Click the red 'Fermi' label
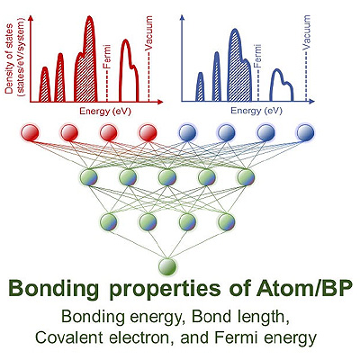tap(107, 56)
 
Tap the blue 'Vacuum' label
tap(306, 32)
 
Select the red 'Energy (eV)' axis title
tap(105, 112)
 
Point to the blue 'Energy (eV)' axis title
tap(256, 112)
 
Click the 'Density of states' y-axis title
tap(14, 58)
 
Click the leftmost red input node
tap(31, 132)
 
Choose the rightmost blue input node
tap(305, 132)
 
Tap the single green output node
tap(167, 266)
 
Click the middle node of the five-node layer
tap(167, 177)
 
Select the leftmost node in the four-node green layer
tap(109, 221)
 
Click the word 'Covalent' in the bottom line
tap(74, 337)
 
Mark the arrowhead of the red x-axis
tap(160, 102)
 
